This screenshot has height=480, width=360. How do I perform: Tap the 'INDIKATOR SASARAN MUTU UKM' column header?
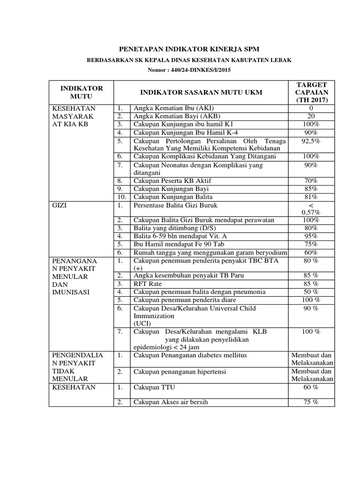click(197, 92)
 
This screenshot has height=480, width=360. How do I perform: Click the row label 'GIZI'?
click(60, 206)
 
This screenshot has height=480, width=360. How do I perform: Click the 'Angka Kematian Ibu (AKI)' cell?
click(166, 108)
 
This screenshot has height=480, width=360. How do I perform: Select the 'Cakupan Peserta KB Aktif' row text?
click(172, 180)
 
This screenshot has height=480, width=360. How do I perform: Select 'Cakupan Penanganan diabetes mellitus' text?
click(190, 355)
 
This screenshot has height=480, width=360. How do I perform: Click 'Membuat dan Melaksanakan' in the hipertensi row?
click(312, 375)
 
